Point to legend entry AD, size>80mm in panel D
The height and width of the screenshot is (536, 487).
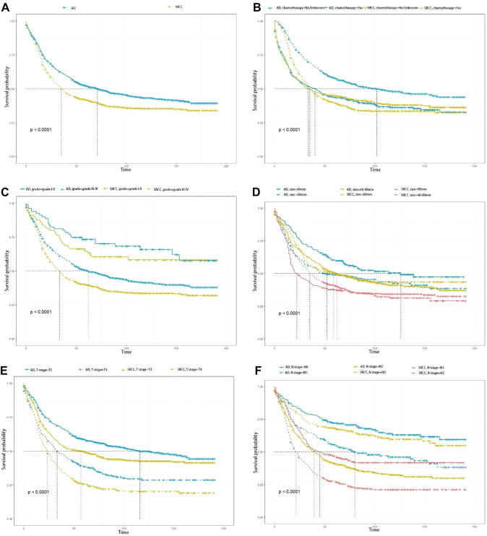coord(298,195)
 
